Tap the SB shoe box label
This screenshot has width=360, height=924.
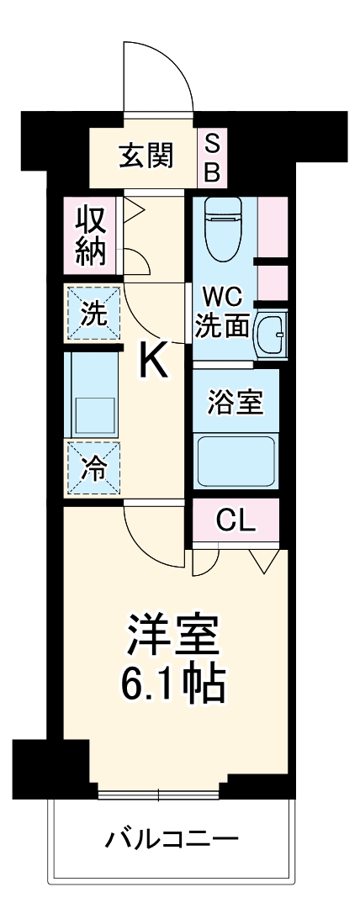click(213, 157)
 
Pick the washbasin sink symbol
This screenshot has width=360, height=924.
click(270, 334)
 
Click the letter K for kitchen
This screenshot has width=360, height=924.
click(153, 362)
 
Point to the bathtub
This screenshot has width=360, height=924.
click(236, 461)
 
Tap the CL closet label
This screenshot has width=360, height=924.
click(236, 521)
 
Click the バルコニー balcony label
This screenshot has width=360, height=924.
click(172, 839)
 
